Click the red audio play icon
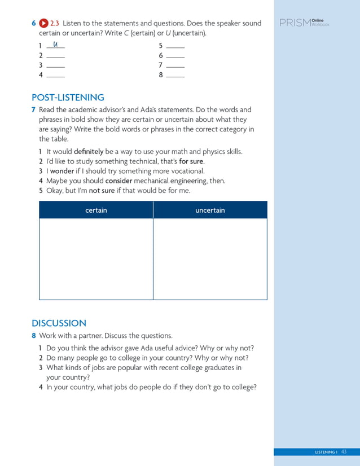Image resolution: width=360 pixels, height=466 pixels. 43,23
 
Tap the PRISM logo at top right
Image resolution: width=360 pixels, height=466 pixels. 304,23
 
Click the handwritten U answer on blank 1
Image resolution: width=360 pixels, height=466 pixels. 55,44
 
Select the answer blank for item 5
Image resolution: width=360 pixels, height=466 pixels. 175,46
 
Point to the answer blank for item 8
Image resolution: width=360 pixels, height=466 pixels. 175,76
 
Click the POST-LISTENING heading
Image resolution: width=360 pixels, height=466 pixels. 68,97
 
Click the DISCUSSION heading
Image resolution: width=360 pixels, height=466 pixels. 59,323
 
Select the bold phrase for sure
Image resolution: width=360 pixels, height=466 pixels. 192,161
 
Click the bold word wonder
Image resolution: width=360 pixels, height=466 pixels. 62,171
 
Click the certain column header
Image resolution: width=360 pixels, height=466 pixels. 96,210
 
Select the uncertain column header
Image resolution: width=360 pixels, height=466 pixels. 210,210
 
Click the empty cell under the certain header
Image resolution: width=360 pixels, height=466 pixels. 96,258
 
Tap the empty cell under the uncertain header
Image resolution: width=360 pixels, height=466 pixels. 210,258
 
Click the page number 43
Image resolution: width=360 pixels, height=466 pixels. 344,452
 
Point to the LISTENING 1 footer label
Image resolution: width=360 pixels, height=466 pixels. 326,452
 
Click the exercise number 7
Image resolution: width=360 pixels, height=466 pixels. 34,110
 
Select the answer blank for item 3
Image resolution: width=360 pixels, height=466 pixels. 55,66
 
